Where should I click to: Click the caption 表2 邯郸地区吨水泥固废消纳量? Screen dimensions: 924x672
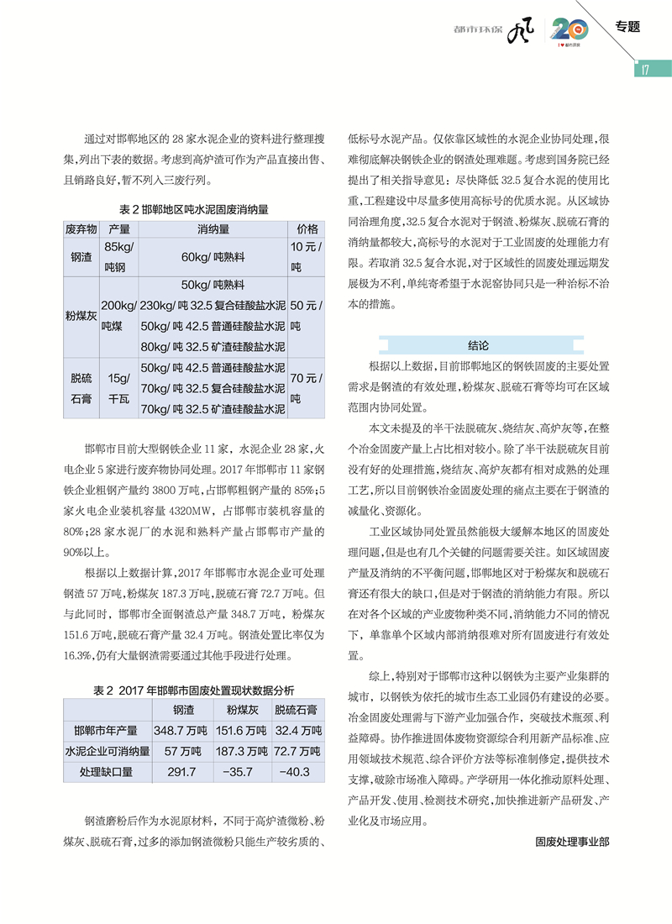click(192, 207)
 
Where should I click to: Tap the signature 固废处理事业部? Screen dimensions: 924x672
click(570, 841)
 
